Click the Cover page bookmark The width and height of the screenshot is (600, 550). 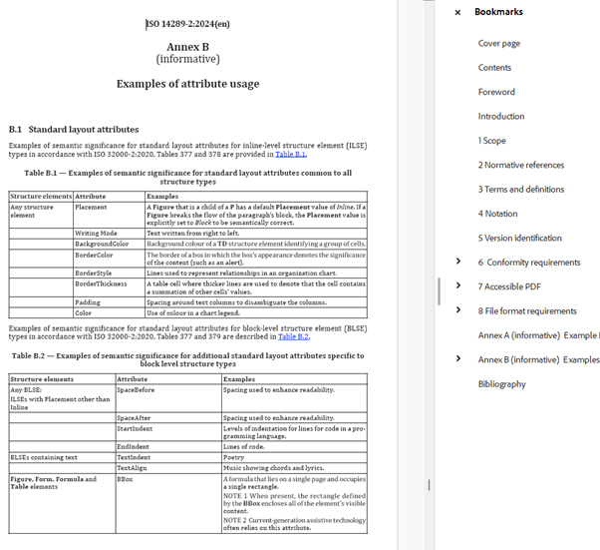tap(498, 44)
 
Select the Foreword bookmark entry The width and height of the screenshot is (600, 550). tap(496, 92)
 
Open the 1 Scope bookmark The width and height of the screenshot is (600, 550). tap(491, 141)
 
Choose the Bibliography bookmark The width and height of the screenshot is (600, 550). tap(501, 384)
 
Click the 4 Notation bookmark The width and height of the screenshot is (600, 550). tap(497, 214)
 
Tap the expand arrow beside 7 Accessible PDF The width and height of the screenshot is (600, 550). tap(457, 286)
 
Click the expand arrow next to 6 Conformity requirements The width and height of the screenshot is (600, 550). tap(457, 263)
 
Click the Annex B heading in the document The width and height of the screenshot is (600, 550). tap(187, 47)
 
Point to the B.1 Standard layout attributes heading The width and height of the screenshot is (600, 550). tap(74, 130)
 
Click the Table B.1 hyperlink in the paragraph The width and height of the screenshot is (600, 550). tap(290, 155)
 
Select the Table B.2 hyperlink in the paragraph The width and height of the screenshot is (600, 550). tap(293, 336)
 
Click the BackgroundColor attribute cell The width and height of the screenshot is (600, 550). tap(102, 244)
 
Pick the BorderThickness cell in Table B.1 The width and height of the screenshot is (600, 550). tap(102, 283)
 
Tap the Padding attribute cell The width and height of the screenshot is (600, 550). tap(88, 302)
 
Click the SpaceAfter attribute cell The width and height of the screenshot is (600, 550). tap(134, 417)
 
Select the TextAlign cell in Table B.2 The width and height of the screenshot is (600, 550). tap(132, 467)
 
